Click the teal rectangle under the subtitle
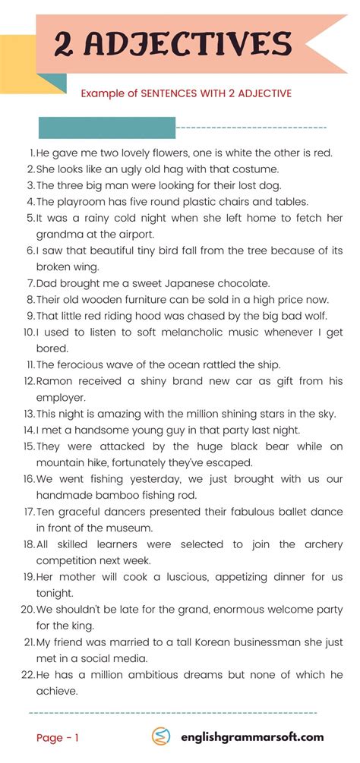tap(106, 128)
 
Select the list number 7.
tap(30, 283)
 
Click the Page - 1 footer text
tap(58, 737)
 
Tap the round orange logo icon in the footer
tap(162, 737)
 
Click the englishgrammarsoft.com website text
tap(251, 737)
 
